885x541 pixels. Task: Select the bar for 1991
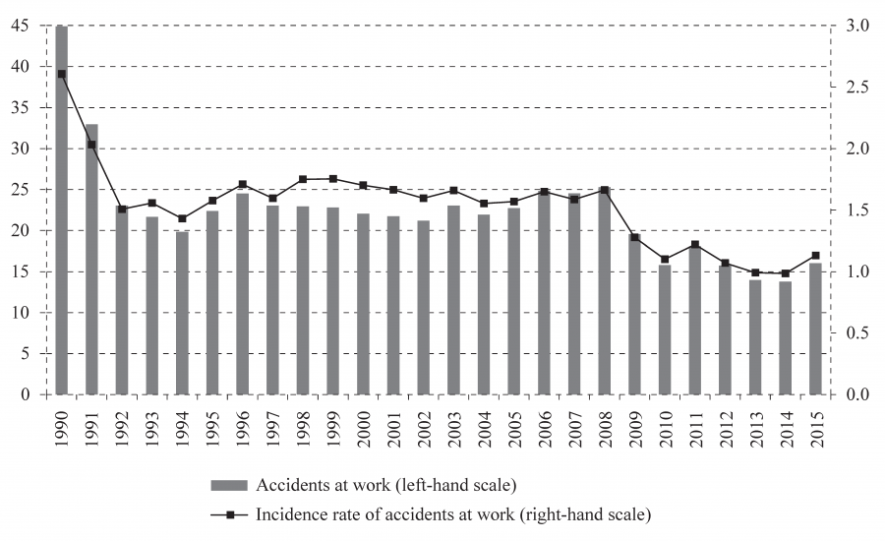tap(91, 260)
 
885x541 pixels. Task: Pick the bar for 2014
tap(785, 338)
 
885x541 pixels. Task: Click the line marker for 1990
tap(61, 74)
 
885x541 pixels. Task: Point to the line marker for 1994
tap(182, 218)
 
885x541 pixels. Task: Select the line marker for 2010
tap(665, 259)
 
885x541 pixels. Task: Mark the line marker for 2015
tap(815, 256)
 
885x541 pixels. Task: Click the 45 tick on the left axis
tap(22, 26)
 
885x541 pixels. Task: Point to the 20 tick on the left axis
tap(22, 231)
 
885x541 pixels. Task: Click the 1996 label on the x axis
tap(243, 425)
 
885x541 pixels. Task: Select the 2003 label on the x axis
tap(453, 425)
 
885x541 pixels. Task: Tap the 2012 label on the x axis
tap(725, 425)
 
